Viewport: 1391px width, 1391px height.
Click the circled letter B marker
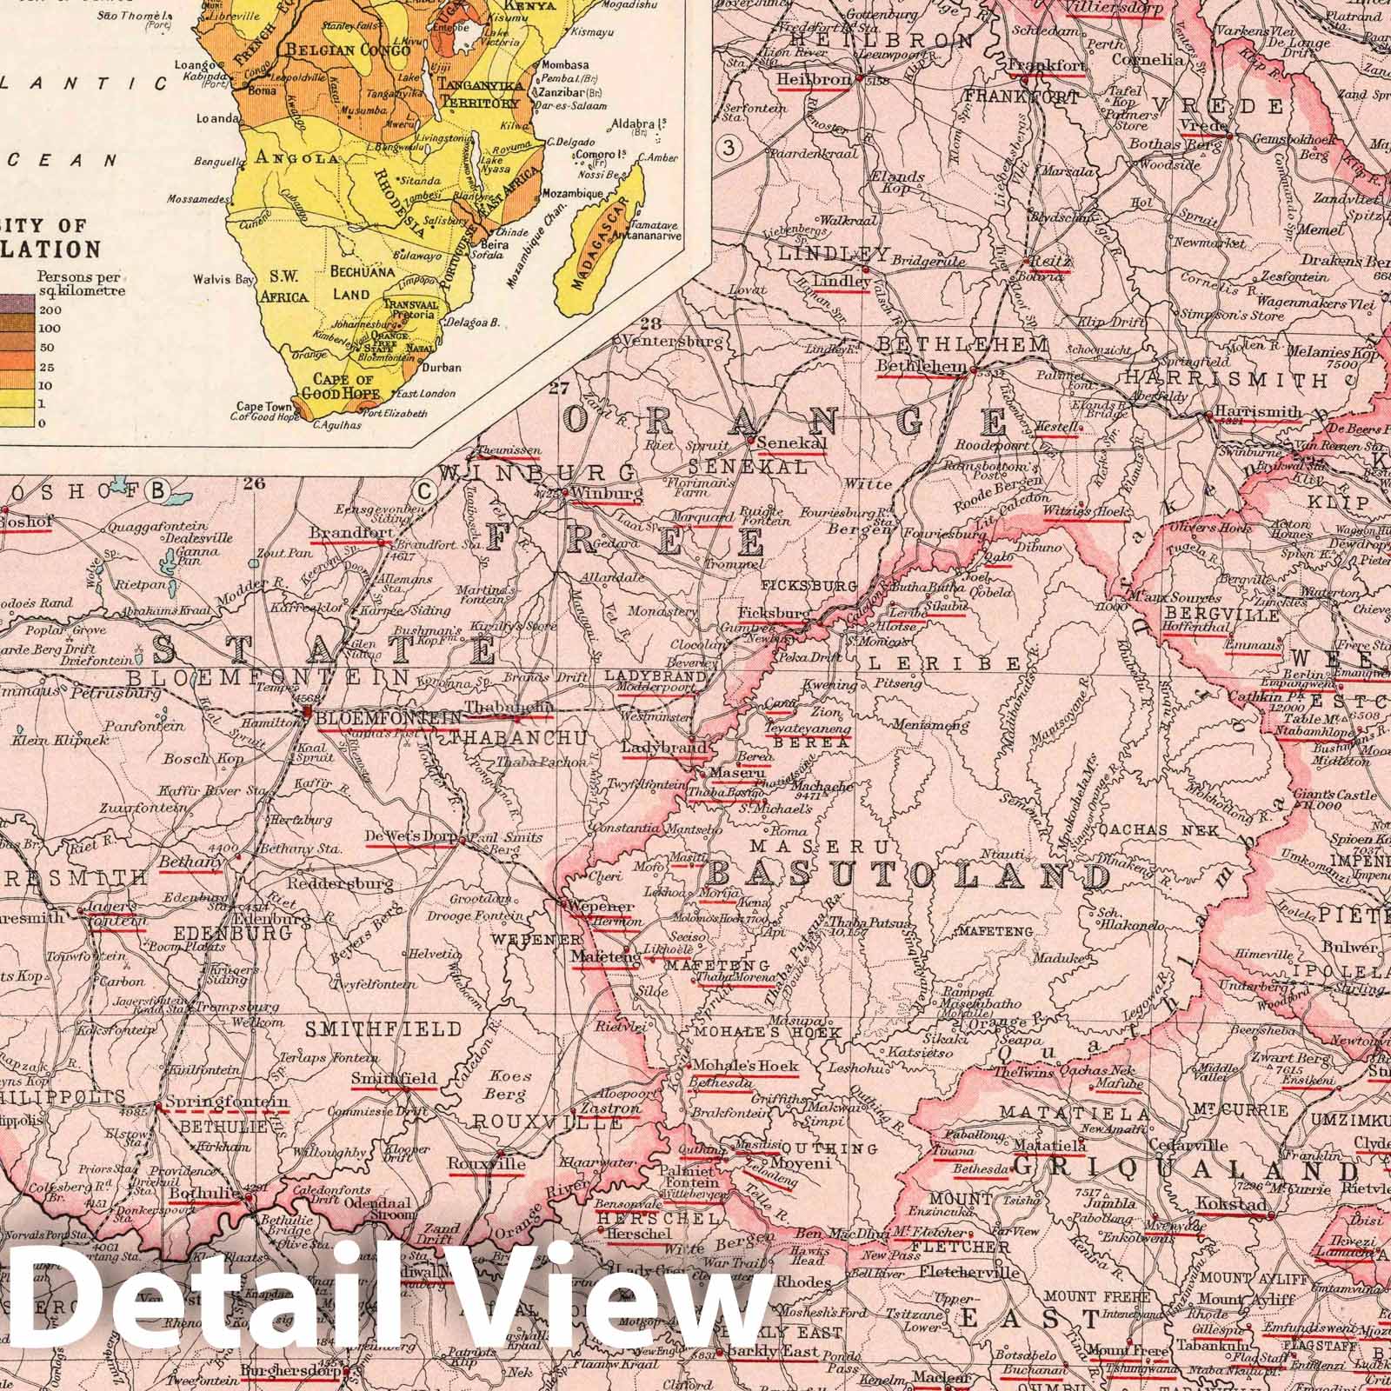(159, 491)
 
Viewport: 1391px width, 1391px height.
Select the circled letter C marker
(425, 491)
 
